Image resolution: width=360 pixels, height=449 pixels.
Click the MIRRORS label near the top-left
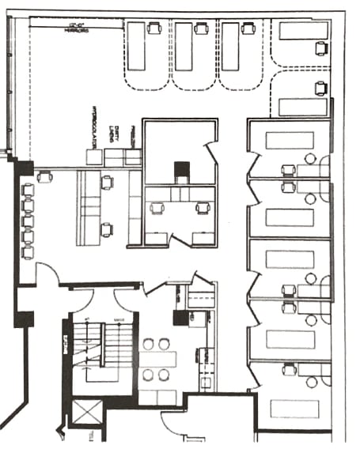[75, 30]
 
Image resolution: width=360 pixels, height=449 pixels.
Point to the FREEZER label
[134, 134]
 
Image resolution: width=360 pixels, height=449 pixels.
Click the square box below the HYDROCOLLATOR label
[94, 157]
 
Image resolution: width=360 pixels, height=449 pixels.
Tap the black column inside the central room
[181, 170]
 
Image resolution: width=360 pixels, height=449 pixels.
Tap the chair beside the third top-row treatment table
[248, 28]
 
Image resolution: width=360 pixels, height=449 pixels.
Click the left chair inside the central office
[156, 209]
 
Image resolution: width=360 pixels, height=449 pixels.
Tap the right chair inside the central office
[203, 209]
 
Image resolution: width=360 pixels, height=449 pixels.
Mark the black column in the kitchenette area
[180, 316]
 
